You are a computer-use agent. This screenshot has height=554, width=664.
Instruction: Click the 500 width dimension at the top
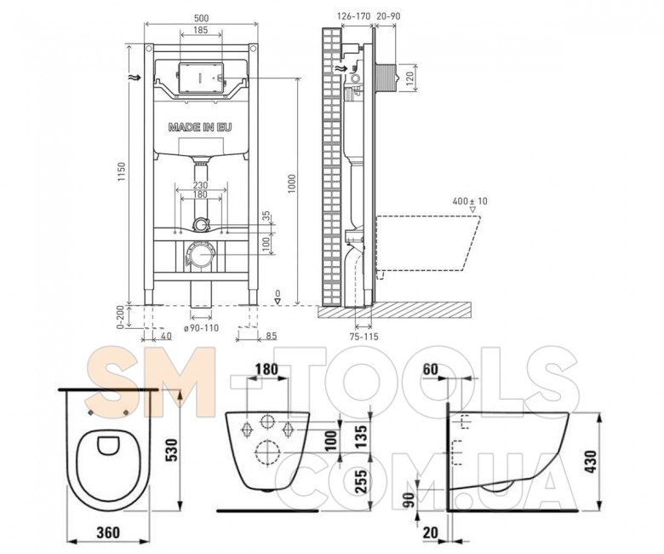coord(202,18)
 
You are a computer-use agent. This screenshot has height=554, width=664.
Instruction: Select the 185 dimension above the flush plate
coord(201,30)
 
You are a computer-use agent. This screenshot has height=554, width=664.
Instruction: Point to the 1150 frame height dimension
coord(122,171)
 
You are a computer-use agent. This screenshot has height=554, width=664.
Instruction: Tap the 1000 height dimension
coord(292,184)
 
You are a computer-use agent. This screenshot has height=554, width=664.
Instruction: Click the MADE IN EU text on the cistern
coord(200,127)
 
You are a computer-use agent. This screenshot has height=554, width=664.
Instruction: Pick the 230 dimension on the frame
coord(200,185)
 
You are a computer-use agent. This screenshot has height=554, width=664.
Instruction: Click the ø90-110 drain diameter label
coord(202,327)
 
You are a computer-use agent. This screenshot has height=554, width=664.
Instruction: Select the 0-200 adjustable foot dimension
coord(121,317)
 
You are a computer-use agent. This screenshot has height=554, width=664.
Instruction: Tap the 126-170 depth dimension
coord(353,16)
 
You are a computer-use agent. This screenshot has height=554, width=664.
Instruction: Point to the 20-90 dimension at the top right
coord(388,16)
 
